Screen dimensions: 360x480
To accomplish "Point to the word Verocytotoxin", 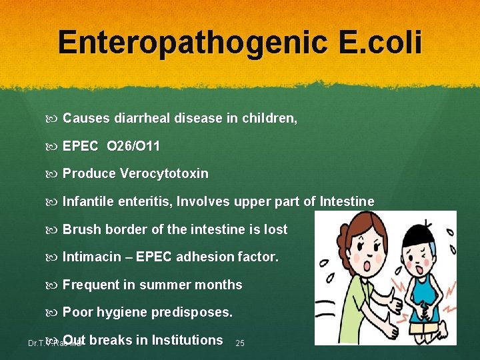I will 164,174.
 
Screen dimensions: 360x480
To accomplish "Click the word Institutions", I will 187,340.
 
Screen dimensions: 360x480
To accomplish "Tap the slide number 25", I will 240,343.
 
